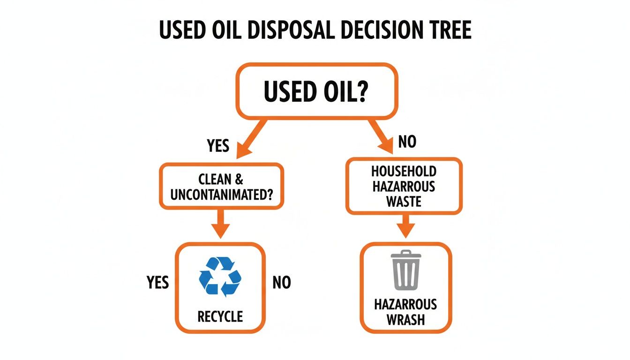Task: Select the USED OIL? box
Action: pyautogui.click(x=316, y=91)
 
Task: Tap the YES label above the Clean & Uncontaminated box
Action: pyautogui.click(x=218, y=146)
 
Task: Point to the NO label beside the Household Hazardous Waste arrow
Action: pyautogui.click(x=407, y=142)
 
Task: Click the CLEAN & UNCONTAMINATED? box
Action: pyautogui.click(x=221, y=186)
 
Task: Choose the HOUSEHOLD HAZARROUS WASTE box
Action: pyautogui.click(x=404, y=186)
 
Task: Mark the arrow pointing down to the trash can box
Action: pyautogui.click(x=405, y=226)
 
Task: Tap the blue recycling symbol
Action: pyautogui.click(x=220, y=276)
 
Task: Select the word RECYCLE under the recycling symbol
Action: pyautogui.click(x=220, y=316)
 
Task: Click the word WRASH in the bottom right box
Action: pyautogui.click(x=405, y=320)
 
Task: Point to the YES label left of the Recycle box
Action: pyautogui.click(x=157, y=283)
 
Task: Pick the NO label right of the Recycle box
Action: pyautogui.click(x=281, y=283)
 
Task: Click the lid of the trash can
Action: pyautogui.click(x=405, y=255)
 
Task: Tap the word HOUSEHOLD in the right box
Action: pyautogui.click(x=404, y=172)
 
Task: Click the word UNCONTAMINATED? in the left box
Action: pyautogui.click(x=221, y=195)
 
